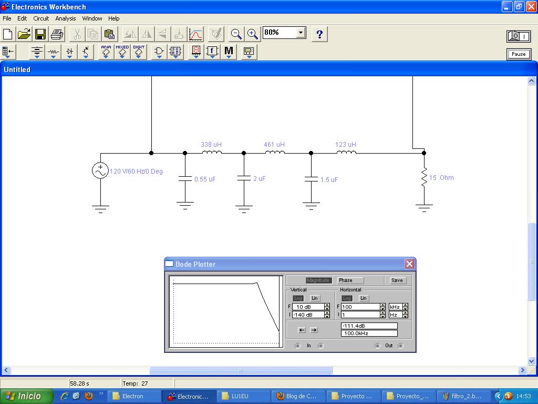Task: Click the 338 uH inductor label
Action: point(211,144)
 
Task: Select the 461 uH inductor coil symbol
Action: point(275,153)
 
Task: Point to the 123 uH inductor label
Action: point(346,144)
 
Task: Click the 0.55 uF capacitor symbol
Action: point(185,179)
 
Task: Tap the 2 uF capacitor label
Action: point(260,179)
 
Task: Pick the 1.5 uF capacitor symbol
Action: point(311,179)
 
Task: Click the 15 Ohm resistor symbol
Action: point(424,178)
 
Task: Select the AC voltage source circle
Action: point(100,170)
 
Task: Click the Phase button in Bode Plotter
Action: point(350,280)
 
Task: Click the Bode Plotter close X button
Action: point(409,264)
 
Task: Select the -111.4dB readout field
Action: point(369,326)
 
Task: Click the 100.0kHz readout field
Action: point(369,334)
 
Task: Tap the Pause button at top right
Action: point(519,54)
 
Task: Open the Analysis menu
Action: point(66,18)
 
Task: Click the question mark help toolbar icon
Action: point(319,35)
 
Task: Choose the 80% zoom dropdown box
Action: point(284,33)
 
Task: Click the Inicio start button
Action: point(26,396)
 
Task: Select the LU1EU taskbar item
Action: point(242,396)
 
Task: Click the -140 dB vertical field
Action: point(308,315)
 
